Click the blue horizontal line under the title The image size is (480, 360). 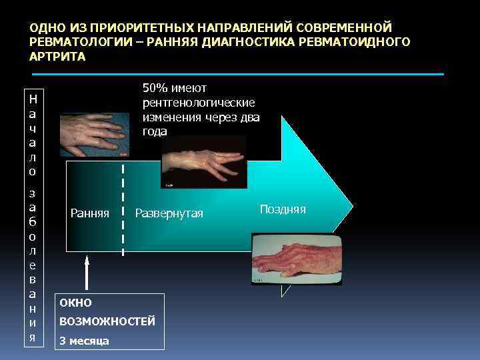[237, 73]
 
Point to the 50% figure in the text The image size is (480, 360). [155, 89]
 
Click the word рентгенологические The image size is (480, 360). [199, 103]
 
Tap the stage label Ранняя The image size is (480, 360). [90, 213]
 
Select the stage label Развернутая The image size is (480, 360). [169, 213]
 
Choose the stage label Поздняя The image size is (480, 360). [283, 209]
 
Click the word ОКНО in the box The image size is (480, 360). [75, 303]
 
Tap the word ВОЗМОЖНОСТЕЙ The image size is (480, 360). [107, 321]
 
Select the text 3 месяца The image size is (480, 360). [84, 341]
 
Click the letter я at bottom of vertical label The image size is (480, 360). [33, 337]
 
